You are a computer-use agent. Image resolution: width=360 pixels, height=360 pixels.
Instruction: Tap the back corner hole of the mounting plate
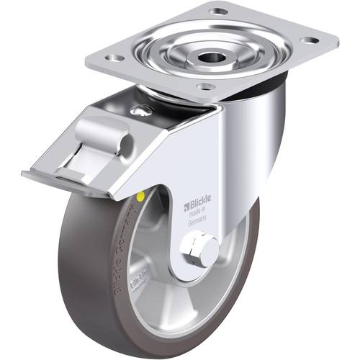tap(219, 11)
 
